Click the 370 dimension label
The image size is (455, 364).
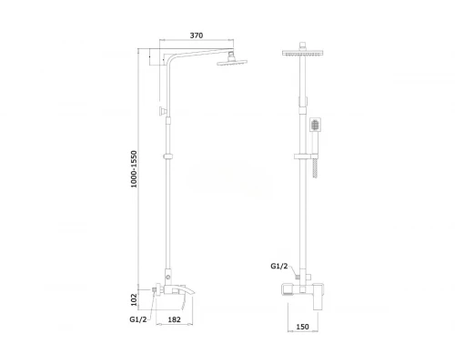(x=197, y=35)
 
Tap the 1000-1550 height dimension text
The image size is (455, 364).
(x=134, y=169)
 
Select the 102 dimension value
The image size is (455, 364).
(x=134, y=299)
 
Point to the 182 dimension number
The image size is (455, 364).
(x=174, y=319)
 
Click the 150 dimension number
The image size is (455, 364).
(x=302, y=327)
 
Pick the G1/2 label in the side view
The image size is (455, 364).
(x=138, y=319)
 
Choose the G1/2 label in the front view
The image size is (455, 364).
(x=279, y=267)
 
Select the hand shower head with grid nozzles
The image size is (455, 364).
(x=316, y=125)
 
